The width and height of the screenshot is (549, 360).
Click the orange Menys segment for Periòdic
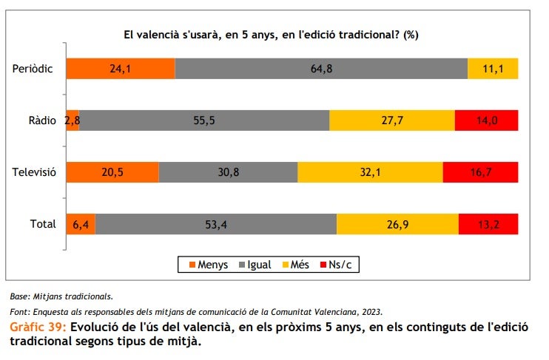(x=121, y=69)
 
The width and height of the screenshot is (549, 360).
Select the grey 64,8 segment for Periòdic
(x=321, y=69)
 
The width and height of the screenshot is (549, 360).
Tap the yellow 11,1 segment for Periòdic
(x=493, y=69)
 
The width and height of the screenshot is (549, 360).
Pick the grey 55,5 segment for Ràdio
(x=204, y=120)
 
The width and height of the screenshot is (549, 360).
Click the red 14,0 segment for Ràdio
(x=486, y=120)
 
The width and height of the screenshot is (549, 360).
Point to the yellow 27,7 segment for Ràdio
(x=391, y=120)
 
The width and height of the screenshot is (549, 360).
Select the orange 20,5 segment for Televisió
(x=112, y=172)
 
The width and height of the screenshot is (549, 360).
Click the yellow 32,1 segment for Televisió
(x=370, y=172)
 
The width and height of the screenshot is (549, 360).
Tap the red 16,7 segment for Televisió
(x=480, y=172)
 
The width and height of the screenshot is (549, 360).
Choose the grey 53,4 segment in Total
(x=216, y=224)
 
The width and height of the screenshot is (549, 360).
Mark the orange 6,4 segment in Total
(x=80, y=224)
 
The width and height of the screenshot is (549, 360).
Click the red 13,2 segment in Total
(x=488, y=224)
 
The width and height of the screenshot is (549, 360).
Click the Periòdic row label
(x=33, y=69)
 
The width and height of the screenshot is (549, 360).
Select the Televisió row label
(x=34, y=172)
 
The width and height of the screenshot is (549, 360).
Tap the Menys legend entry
(x=208, y=265)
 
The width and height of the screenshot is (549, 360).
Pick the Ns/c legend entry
(x=340, y=265)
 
